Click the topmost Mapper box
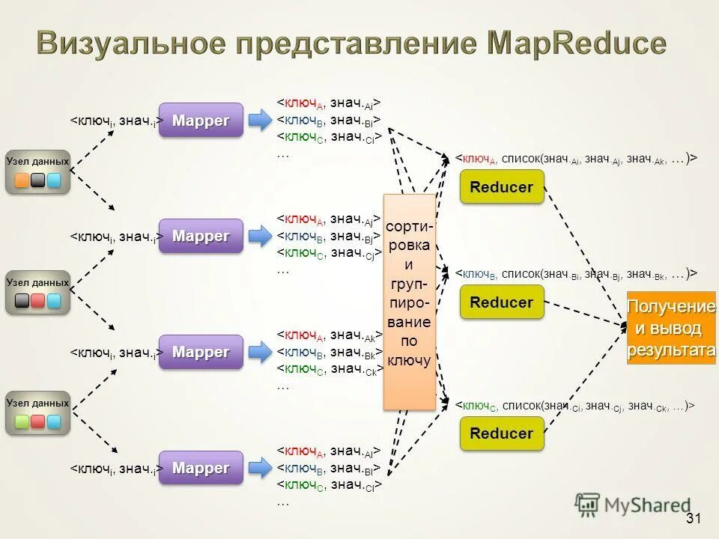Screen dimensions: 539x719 (x=201, y=120)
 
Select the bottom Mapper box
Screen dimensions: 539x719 (x=201, y=468)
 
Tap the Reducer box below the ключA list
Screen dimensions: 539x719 (x=501, y=187)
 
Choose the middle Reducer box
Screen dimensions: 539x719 (x=501, y=302)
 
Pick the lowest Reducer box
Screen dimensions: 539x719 (x=501, y=433)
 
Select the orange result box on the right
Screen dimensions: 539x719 (x=671, y=328)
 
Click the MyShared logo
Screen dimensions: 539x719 (x=634, y=505)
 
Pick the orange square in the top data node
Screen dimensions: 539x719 (x=22, y=180)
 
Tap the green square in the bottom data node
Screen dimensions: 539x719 (x=22, y=422)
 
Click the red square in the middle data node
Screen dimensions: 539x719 (x=37, y=301)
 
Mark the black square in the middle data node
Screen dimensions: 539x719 (x=22, y=301)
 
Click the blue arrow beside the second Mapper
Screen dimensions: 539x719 (x=260, y=236)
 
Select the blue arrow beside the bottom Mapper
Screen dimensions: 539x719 (x=260, y=468)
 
